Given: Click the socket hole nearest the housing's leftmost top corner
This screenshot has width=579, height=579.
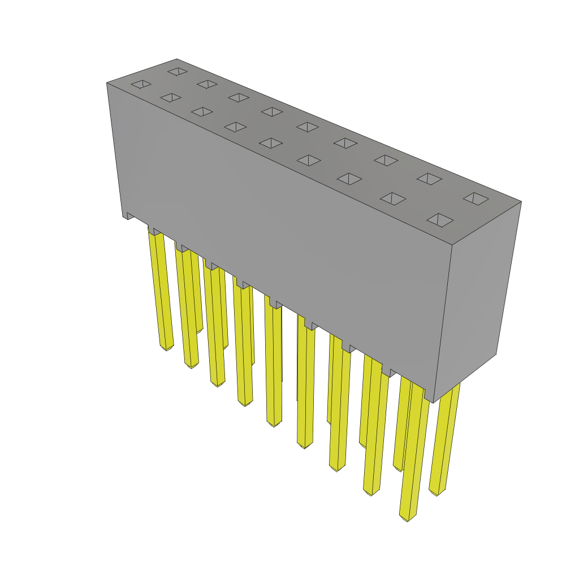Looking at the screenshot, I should [x=141, y=84].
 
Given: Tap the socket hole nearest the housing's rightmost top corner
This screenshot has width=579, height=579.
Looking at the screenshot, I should [x=476, y=198].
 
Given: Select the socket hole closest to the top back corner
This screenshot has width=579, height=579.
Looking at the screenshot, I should [x=178, y=71].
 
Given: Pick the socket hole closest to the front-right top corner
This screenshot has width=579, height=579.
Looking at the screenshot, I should [x=440, y=220].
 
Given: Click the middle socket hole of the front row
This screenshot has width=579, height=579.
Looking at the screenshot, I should [x=271, y=143].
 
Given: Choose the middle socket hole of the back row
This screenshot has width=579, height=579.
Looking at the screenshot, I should [x=308, y=127].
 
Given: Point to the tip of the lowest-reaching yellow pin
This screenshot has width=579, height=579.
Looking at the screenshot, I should [x=407, y=517].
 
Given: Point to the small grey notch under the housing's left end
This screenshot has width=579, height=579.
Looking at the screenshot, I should [x=129, y=215].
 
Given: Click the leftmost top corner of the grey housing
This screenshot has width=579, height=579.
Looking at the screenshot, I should [x=107, y=83].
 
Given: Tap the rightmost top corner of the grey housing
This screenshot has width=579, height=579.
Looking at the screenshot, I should [x=521, y=201].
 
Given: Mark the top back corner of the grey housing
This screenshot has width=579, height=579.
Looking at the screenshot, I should [x=177, y=59].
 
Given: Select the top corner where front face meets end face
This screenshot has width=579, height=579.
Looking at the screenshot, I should [x=452, y=245].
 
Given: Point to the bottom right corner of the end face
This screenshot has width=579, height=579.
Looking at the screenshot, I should [x=496, y=354].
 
